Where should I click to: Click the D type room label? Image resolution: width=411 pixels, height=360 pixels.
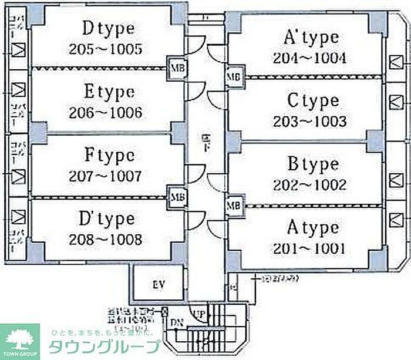point(109,28)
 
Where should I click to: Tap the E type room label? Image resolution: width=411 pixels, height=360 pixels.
point(109,92)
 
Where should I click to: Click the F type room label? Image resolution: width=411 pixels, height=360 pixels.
point(109,155)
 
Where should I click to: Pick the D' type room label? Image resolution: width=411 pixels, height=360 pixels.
point(106,218)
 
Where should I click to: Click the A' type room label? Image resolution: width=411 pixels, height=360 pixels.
point(311,38)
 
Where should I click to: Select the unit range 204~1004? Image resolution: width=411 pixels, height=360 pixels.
point(309,58)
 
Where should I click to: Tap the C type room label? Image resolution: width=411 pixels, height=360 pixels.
point(313,101)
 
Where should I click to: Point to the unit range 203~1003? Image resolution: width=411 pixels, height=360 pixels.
point(309,122)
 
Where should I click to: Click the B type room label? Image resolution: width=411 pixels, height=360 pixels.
point(313,163)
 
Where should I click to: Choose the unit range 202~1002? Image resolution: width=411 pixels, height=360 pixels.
point(309,184)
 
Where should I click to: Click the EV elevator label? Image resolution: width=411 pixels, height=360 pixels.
point(158,285)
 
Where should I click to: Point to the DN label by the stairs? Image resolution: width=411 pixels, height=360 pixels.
point(177,322)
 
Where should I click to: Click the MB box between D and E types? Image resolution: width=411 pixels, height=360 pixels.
point(176,68)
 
